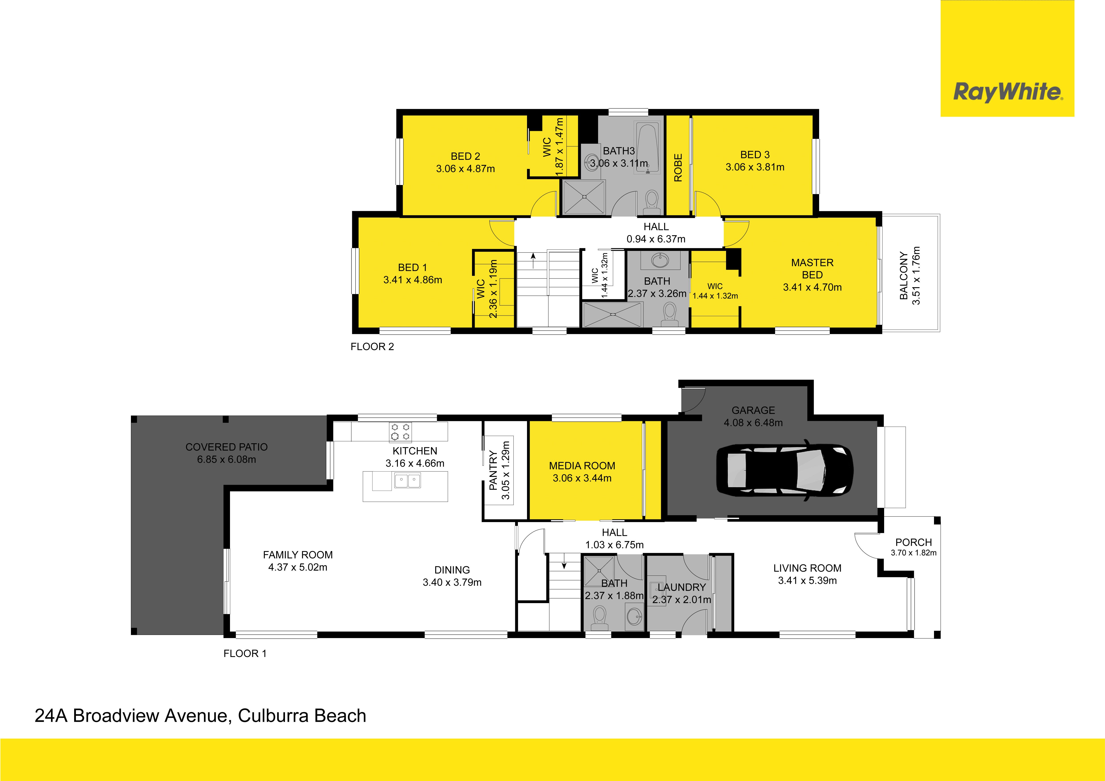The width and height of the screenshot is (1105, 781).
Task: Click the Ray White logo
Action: point(1007,58)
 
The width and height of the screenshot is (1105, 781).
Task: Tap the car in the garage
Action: point(784,470)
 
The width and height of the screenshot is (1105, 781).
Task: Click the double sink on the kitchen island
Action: point(407,480)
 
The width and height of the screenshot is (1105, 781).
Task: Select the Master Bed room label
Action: point(812,268)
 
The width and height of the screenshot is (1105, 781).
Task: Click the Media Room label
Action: point(582,466)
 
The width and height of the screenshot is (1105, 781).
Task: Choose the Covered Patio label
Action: point(227,447)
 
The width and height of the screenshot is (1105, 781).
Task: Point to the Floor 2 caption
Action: point(372,346)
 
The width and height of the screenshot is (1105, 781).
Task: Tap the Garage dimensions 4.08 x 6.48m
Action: point(753,423)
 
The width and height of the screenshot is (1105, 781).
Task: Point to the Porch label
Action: point(914,542)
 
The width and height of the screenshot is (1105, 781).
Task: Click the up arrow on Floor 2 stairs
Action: point(533,261)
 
